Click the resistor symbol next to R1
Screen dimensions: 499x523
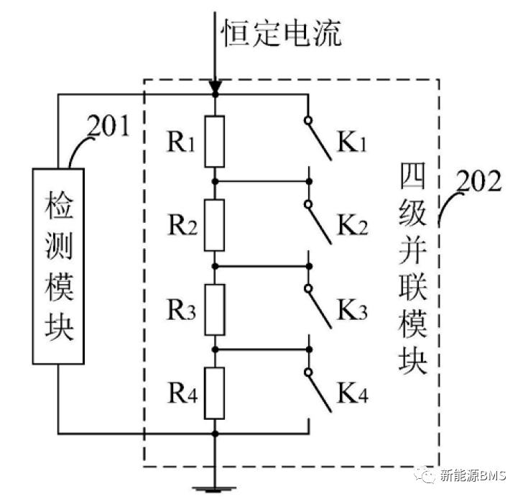pos(215,141)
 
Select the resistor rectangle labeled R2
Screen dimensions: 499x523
pos(215,225)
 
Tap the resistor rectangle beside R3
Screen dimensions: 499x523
pos(215,309)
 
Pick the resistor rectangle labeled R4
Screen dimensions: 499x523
pos(215,393)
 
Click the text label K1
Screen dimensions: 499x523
pos(353,145)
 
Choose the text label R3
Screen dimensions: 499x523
pos(182,311)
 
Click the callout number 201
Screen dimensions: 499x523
pos(110,127)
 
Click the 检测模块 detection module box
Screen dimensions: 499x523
pos(59,265)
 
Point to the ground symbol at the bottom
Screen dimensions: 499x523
pos(215,490)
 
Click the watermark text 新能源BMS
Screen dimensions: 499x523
pos(473,475)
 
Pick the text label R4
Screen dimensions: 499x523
pos(182,395)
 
